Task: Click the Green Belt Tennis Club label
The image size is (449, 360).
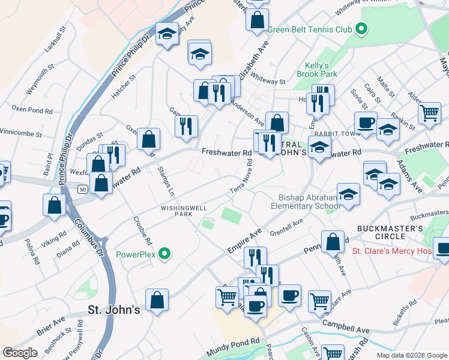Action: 309,29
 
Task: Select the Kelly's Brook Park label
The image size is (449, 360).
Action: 317,70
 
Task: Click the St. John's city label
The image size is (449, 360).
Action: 113,310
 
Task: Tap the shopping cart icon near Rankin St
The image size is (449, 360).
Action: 429,113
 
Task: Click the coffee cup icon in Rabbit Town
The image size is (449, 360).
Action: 365,123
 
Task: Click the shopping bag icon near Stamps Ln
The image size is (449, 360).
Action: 148,139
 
